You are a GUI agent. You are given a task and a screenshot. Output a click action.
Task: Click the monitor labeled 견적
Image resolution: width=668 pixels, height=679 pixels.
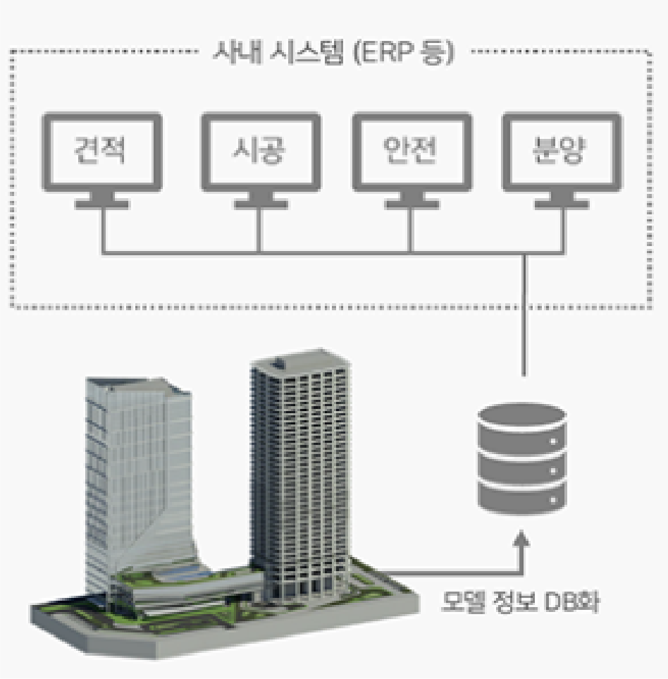tap(102, 152)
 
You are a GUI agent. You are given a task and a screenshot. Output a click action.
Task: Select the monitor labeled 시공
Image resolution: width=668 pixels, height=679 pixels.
tap(259, 152)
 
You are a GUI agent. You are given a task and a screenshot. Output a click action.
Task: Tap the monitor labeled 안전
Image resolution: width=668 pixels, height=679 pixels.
tap(412, 152)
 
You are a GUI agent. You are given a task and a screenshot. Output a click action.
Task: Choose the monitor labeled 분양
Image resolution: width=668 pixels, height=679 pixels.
tap(562, 152)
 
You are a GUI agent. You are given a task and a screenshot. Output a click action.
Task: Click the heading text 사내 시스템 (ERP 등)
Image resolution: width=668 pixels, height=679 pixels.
tap(334, 53)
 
